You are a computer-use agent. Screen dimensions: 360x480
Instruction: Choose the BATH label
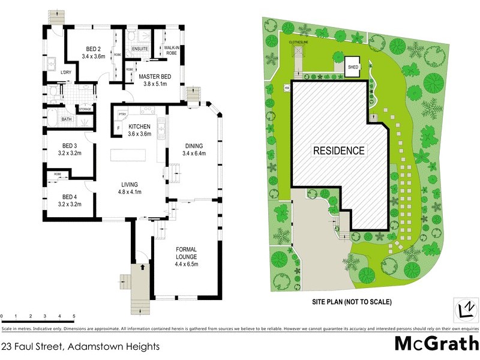tap(66, 119)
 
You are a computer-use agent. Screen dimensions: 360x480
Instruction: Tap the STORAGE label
tap(85, 109)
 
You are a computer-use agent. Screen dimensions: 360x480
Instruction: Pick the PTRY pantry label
tap(122, 113)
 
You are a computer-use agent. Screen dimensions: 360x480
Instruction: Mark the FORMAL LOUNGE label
tap(186, 256)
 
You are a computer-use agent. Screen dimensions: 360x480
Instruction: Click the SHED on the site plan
tap(353, 67)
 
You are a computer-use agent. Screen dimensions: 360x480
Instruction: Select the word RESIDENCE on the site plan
tap(338, 151)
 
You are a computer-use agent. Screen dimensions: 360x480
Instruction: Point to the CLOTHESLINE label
tap(298, 43)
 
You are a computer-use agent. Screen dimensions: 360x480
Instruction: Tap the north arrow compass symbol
tap(463, 307)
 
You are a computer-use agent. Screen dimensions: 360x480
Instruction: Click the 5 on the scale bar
tap(73, 316)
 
